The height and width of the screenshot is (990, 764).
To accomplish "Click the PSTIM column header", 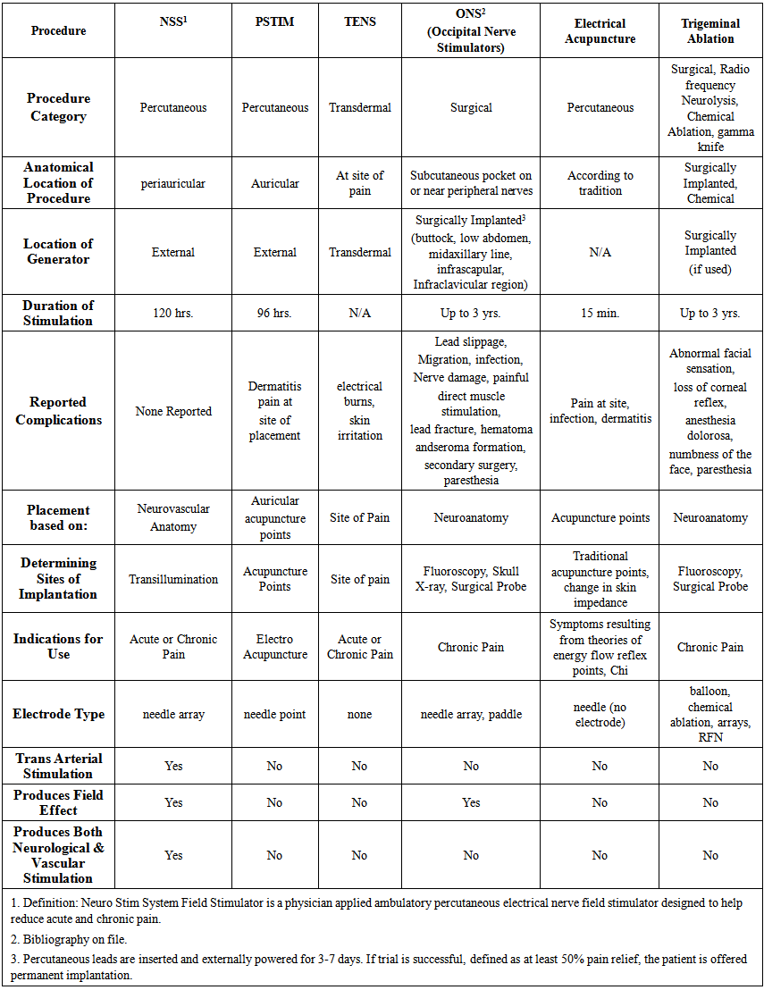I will pyautogui.click(x=274, y=21).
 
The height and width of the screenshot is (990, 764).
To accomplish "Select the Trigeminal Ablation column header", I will pyautogui.click(x=709, y=29).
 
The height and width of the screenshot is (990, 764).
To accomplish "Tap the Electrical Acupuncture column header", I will pyautogui.click(x=600, y=30).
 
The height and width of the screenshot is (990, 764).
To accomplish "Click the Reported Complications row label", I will pyautogui.click(x=59, y=411).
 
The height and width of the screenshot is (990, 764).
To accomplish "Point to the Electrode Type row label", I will pyautogui.click(x=59, y=714).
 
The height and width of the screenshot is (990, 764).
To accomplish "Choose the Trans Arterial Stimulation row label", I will pyautogui.click(x=59, y=766).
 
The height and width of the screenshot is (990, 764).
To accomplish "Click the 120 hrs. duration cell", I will pyautogui.click(x=173, y=314).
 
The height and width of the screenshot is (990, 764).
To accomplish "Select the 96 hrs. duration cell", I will pyautogui.click(x=274, y=314).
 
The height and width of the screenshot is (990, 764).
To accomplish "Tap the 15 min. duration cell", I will pyautogui.click(x=600, y=314).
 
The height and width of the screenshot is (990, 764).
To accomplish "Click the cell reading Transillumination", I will pyautogui.click(x=173, y=579).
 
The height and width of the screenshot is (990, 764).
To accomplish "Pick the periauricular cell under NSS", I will pyautogui.click(x=173, y=183).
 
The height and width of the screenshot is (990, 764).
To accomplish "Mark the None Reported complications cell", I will pyautogui.click(x=173, y=411).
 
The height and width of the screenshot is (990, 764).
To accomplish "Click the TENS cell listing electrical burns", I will pyautogui.click(x=359, y=411).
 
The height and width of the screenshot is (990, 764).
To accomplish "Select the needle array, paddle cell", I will pyautogui.click(x=471, y=714).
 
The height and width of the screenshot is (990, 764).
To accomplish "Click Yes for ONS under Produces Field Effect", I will pyautogui.click(x=471, y=802).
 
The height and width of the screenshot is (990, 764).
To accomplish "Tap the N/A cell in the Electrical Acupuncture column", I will pyautogui.click(x=600, y=252).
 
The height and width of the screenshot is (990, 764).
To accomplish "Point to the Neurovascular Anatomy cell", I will pyautogui.click(x=173, y=517).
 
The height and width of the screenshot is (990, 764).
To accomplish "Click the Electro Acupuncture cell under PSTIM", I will pyautogui.click(x=274, y=647).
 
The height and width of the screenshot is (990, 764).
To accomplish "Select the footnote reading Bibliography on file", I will pyautogui.click(x=64, y=939).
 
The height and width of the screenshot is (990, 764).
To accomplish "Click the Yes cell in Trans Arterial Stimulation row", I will pyautogui.click(x=173, y=766).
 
